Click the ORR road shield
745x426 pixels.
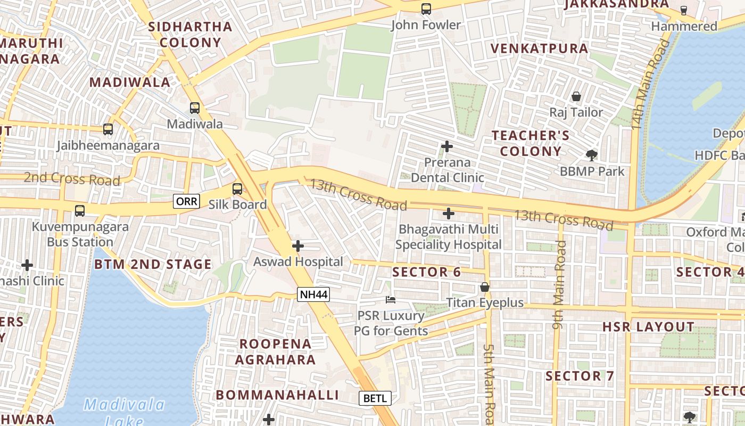(x=186, y=201)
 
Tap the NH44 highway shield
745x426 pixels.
(x=313, y=294)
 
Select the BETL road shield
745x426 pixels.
(x=375, y=398)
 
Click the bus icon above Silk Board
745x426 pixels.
(x=237, y=189)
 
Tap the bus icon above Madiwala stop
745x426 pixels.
(x=195, y=108)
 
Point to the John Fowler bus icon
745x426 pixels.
(x=426, y=9)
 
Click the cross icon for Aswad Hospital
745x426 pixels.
(x=298, y=246)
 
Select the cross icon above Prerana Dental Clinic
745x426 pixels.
(x=447, y=146)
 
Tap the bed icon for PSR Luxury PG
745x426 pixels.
(x=391, y=300)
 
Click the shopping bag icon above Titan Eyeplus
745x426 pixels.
(x=485, y=287)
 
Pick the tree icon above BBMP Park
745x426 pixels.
(x=591, y=155)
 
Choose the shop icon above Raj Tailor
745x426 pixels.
(x=576, y=96)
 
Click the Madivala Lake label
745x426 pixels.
(x=125, y=412)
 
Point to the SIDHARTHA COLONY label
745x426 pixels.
(x=190, y=35)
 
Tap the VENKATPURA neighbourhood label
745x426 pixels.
(x=539, y=48)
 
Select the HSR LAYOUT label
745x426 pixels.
(x=648, y=327)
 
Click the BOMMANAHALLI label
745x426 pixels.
(x=277, y=395)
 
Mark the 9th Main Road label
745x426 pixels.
(x=560, y=284)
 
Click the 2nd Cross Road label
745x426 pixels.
(x=72, y=178)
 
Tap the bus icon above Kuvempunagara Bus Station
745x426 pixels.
(x=80, y=211)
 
